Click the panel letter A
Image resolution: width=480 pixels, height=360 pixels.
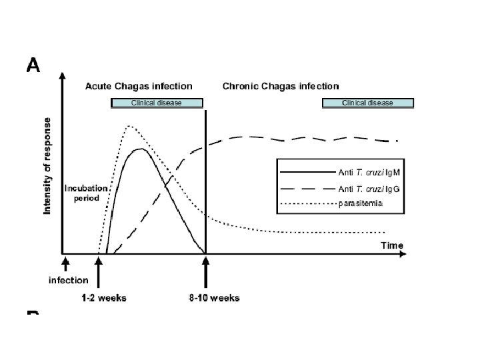tap(33, 65)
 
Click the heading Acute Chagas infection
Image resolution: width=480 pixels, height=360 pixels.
tap(139, 86)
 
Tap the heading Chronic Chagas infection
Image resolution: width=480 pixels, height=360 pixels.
tap(280, 86)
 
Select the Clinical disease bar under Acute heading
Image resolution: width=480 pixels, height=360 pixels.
tap(156, 103)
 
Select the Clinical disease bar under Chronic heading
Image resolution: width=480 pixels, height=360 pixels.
tap(367, 103)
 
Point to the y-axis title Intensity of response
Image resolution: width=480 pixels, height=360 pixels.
tap(47, 166)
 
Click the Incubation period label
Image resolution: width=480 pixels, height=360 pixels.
tap(82, 193)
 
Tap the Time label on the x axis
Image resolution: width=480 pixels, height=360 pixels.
tap(392, 245)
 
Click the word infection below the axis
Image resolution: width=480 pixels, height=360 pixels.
tap(68, 280)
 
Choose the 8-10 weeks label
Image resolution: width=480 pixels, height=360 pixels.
tap(214, 297)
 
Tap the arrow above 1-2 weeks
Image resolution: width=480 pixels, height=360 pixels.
tap(99, 272)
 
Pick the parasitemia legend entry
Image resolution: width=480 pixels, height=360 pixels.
tap(360, 204)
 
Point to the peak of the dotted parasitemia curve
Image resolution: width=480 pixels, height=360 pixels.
tap(129, 125)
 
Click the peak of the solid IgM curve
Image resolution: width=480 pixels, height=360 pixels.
tap(140, 149)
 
